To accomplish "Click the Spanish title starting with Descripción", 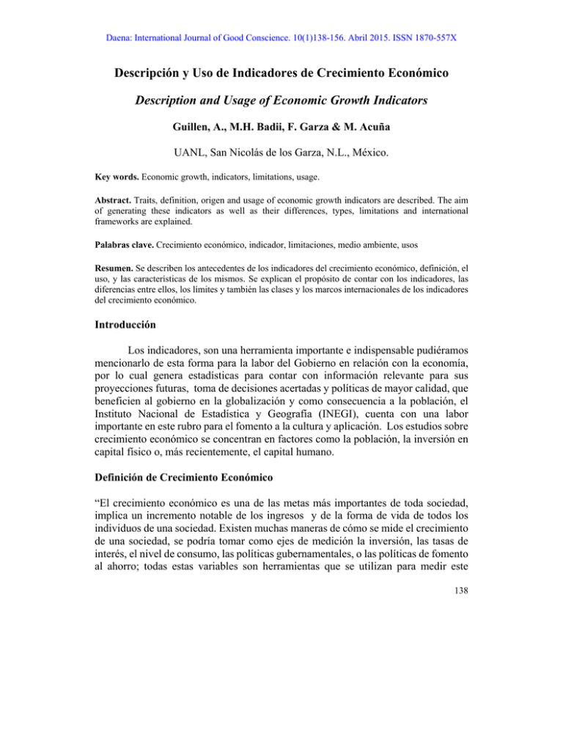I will click(x=281, y=75).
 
